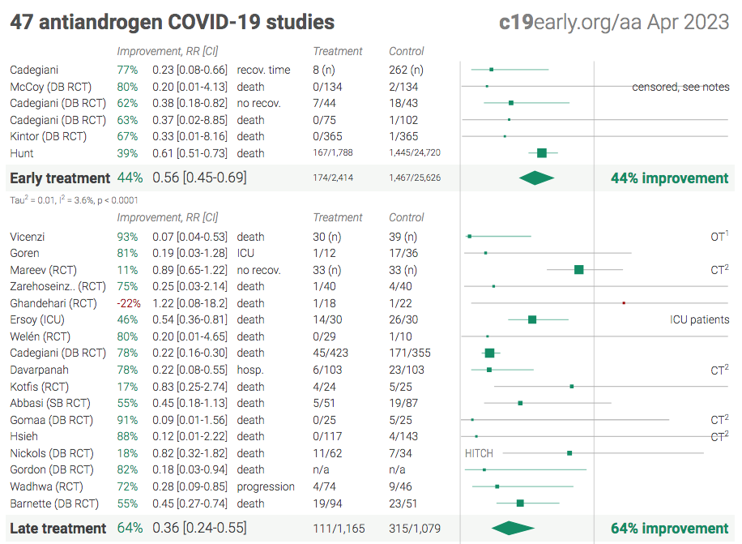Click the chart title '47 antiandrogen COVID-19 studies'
coord(172,22)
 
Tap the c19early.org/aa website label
coord(614,22)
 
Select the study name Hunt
coord(22,153)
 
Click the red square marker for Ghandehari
coord(624,302)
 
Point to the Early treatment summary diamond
coord(536,178)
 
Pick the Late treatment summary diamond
coord(513,529)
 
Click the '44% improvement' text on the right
coord(670,178)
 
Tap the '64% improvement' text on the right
coord(670,529)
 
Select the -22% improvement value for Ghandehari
coord(128,303)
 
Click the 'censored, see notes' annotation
coord(680,87)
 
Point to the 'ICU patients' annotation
coord(699,319)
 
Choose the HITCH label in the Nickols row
coord(479,453)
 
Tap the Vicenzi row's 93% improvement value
coord(127,237)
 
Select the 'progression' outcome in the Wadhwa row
coord(266,486)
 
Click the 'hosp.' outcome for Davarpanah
coord(250,370)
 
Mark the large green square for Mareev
coord(579,269)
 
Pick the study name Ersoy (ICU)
coord(42,319)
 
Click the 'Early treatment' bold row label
coord(59,178)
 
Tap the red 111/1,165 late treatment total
coord(339,529)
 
